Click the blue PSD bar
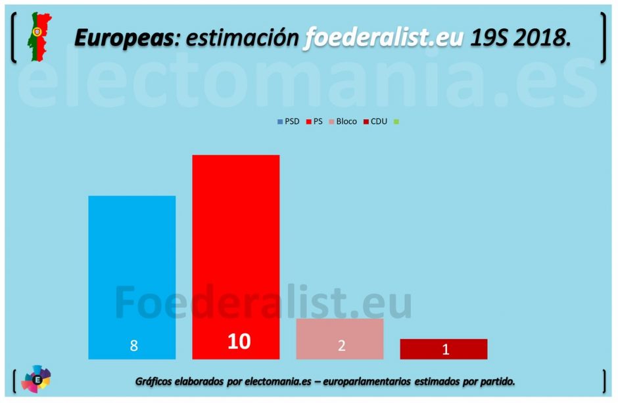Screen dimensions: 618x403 pos(131,277)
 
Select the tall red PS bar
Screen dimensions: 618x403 pos(235,257)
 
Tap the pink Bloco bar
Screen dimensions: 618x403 pos(340,338)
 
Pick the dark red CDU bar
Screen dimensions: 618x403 pos(444,349)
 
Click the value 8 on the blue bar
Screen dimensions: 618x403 pos(134,346)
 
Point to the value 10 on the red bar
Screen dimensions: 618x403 pos(239,341)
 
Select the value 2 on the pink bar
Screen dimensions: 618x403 pos(342,346)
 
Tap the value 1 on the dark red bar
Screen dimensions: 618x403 pos(446,349)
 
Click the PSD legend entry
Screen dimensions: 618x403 pos(289,122)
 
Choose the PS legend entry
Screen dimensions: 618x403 pos(314,122)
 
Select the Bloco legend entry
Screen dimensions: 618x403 pos(343,122)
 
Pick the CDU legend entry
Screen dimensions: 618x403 pos(375,122)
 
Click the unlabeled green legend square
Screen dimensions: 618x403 pos(396,122)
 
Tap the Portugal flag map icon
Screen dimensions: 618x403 pos(39,36)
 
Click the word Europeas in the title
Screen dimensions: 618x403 pos(124,38)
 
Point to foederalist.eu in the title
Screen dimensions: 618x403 pos(383,38)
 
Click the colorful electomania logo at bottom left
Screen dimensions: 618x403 pos(36,379)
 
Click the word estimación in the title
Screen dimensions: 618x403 pos(242,38)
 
